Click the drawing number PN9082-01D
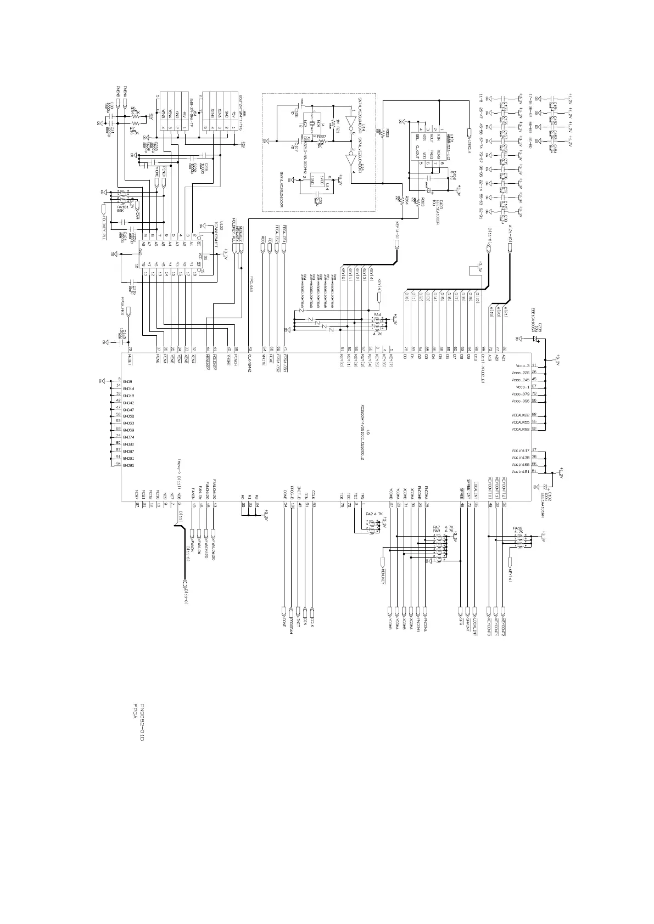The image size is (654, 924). (x=141, y=722)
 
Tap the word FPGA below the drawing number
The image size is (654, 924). (x=134, y=711)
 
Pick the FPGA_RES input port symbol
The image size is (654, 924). (x=128, y=312)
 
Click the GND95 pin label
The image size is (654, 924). (x=128, y=465)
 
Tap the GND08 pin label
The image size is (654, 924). (x=128, y=381)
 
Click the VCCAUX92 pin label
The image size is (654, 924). (x=519, y=429)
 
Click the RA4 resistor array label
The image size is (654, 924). (x=377, y=314)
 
